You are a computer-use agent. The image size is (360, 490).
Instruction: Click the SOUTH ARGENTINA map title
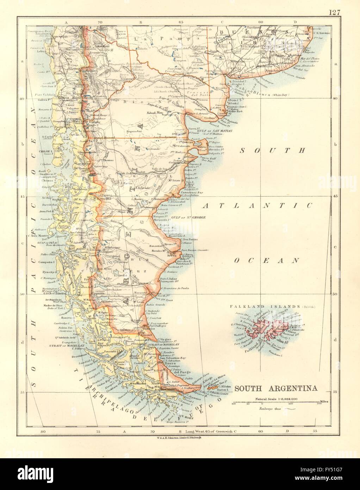275,389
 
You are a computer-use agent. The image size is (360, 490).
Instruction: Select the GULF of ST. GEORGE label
188,218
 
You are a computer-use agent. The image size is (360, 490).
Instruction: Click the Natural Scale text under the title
275,399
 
